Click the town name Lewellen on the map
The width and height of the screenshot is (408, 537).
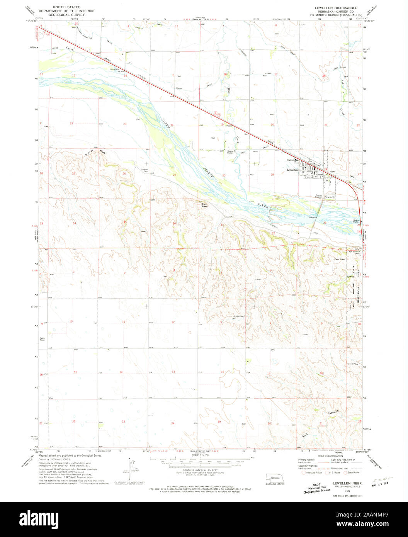[292, 170]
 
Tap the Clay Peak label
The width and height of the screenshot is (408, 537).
[204, 206]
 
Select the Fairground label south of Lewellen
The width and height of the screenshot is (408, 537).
[330, 197]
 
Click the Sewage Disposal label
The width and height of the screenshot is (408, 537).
[319, 196]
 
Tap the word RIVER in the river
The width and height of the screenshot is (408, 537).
[263, 207]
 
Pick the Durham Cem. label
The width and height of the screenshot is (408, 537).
[144, 170]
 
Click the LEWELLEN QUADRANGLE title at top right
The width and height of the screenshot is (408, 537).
[336, 8]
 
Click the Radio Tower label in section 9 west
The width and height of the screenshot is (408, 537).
[42, 339]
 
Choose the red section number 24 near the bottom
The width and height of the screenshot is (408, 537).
[172, 423]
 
